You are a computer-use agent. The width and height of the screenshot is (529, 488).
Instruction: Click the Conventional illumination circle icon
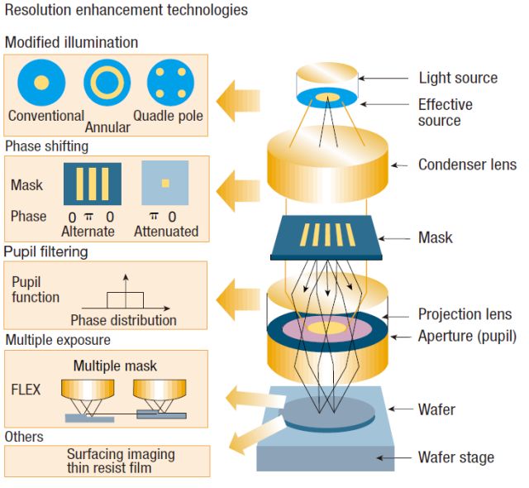point(41,83)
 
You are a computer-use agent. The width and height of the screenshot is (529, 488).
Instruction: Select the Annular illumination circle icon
point(107,83)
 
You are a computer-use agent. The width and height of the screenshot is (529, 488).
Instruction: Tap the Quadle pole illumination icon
point(171,83)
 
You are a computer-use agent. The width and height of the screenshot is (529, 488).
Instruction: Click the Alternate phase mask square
point(93,184)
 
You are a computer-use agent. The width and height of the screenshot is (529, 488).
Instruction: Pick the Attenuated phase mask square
point(165,183)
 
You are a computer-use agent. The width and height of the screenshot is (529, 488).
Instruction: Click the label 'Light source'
point(458,78)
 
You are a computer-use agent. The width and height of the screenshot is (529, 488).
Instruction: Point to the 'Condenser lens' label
point(467,165)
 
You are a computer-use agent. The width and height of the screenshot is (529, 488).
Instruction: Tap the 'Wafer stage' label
point(456,457)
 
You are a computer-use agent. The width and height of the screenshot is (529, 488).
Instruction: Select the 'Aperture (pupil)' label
point(467,337)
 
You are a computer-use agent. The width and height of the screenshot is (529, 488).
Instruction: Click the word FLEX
point(26,390)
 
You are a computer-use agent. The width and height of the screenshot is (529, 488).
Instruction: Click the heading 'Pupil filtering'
point(46,252)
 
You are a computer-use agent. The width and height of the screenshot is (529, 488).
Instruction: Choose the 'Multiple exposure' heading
point(58,340)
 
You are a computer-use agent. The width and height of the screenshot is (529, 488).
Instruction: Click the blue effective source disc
point(326,98)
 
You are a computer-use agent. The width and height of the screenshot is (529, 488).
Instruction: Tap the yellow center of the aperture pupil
point(327,328)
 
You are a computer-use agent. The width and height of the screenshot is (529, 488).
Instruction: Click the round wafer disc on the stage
point(329,414)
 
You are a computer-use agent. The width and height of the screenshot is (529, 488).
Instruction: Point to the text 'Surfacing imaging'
point(121,455)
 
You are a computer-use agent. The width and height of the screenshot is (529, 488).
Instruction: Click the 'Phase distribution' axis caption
point(123,320)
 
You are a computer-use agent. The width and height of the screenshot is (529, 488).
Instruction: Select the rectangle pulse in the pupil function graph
point(125,300)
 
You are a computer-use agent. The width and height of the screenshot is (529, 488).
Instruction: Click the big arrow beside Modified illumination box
point(238,101)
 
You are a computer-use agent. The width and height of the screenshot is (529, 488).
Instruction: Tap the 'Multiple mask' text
point(115,366)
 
